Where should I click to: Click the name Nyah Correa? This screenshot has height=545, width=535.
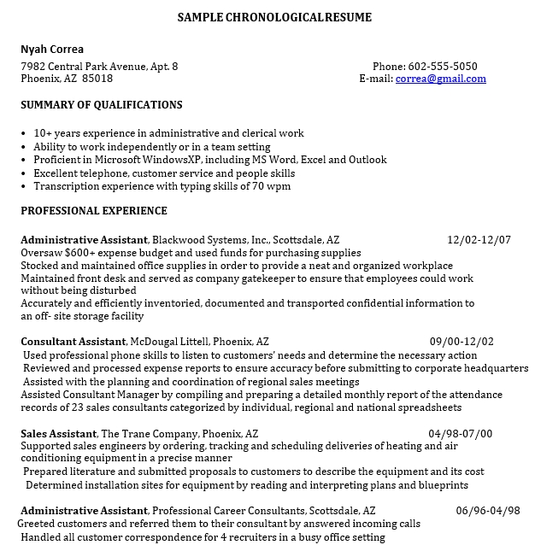[x=52, y=49]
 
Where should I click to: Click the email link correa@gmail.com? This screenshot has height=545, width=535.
[x=440, y=79]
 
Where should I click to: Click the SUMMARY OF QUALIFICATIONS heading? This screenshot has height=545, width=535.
[x=102, y=105]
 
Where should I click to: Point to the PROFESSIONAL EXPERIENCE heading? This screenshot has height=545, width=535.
[x=94, y=210]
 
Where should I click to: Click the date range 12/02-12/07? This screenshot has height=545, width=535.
[x=479, y=240]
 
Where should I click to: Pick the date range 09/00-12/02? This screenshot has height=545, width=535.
[x=462, y=342]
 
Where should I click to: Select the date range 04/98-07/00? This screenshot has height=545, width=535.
[x=461, y=433]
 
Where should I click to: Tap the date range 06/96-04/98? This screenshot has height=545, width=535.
[x=488, y=510]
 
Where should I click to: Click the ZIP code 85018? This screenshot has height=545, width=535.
[x=97, y=79]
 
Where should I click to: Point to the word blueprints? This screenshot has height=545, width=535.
[x=439, y=484]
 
